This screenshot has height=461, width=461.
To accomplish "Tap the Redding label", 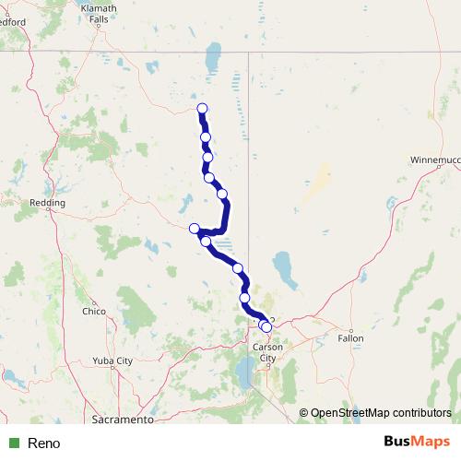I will pos(47,203).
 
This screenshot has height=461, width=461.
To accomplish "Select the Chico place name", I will pos(94,312).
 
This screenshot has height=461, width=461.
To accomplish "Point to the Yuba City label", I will pos(113,361).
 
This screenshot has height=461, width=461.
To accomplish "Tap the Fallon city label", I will pos(350,338).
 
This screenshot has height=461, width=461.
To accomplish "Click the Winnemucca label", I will pos(438,160).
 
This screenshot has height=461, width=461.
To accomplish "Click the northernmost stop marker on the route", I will pos(202,110).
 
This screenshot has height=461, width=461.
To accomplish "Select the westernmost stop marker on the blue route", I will pos(194,229).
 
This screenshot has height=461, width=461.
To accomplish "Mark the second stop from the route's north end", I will pos(206,137).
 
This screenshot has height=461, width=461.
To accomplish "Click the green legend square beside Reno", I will pos(14,443).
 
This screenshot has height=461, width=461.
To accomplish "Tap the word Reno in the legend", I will pos(43,443).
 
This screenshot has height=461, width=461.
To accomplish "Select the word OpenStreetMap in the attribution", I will pos(349,414).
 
